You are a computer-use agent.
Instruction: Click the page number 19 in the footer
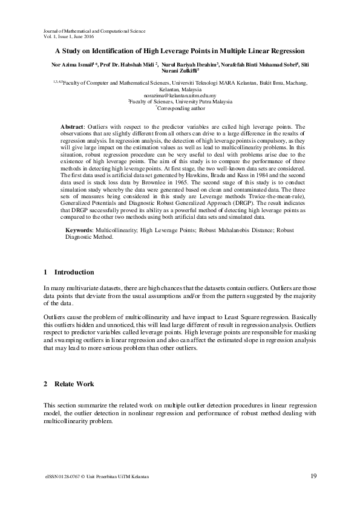tap(313, 476)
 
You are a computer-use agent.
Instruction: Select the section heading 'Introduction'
tap(74, 272)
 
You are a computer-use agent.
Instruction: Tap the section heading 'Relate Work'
tap(74, 384)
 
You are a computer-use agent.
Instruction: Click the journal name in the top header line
tap(94, 30)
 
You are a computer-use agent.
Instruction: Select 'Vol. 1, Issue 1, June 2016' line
tap(73, 36)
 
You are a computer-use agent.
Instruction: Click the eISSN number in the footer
tap(65, 477)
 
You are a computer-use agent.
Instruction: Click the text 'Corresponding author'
tap(182, 108)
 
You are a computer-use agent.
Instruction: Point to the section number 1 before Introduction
tap(46, 272)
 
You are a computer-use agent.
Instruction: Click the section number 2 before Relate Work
tap(46, 384)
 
